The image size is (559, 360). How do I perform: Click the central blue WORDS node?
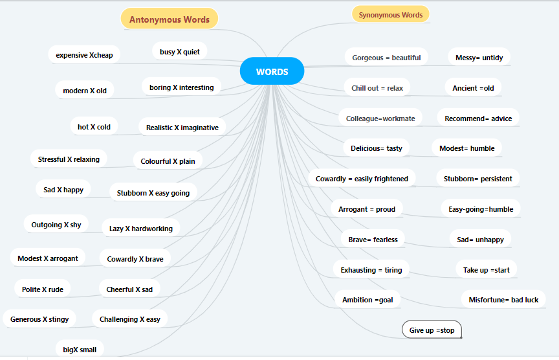tap(272, 72)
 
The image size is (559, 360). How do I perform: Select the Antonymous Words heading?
tap(170, 19)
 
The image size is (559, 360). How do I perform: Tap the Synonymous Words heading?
tap(390, 15)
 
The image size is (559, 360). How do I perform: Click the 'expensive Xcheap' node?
tap(84, 55)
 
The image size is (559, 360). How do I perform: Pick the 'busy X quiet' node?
tap(180, 52)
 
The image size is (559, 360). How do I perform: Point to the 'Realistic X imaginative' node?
tap(182, 128)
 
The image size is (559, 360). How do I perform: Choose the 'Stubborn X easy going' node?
tap(153, 193)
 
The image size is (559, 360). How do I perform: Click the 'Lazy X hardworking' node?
tap(141, 229)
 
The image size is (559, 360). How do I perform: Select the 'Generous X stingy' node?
tap(39, 319)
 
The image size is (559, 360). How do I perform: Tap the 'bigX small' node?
tap(80, 350)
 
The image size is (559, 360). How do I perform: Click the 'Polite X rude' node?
tap(43, 289)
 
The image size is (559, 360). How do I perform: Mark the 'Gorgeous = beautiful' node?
tap(386, 58)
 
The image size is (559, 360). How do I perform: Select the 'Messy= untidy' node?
tap(479, 58)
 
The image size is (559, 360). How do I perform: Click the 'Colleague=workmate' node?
tap(380, 118)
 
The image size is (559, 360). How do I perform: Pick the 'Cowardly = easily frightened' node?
tap(362, 179)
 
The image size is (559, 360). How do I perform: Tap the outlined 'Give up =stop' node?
tap(432, 330)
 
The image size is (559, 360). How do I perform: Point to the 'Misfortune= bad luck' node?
tap(503, 300)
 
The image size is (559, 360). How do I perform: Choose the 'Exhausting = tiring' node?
tap(371, 270)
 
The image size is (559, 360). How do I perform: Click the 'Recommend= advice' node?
tap(478, 118)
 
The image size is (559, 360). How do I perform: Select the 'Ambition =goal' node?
tap(367, 300)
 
